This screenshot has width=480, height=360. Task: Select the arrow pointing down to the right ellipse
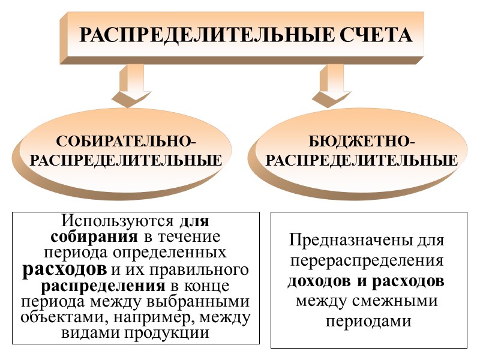tap(331, 84)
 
